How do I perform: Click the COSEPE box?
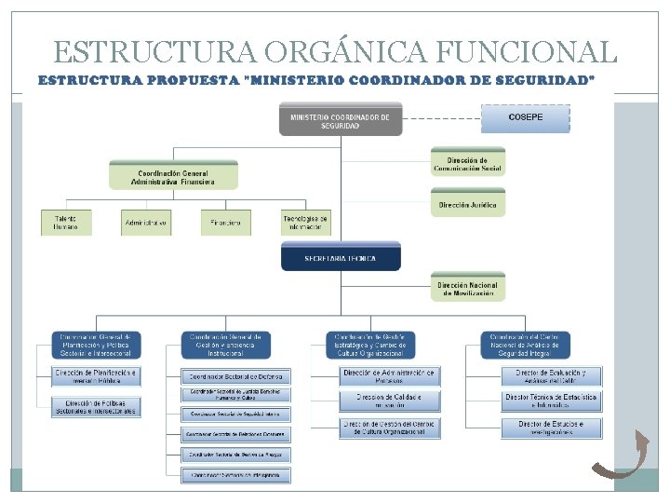tap(525, 118)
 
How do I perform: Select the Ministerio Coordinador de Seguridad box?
tap(340, 121)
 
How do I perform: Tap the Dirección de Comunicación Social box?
tap(468, 165)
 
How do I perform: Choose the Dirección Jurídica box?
tap(468, 204)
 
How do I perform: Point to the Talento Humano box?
tap(66, 223)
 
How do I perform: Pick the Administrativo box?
tap(146, 223)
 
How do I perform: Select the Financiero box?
tap(226, 223)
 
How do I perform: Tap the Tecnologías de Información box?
tap(305, 223)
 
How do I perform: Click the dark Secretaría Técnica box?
tap(341, 257)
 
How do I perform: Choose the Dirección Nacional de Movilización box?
tap(468, 289)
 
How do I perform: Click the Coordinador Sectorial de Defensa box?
tap(235, 376)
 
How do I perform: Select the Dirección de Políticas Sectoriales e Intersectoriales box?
tap(97, 407)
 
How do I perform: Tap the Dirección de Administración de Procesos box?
tap(388, 375)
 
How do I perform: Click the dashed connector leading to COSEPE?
tap(441, 118)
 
